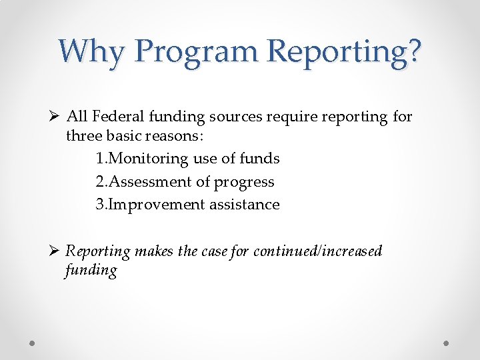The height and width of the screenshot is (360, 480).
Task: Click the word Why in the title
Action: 91,51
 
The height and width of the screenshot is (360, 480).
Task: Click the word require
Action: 286,117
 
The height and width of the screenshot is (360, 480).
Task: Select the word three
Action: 83,137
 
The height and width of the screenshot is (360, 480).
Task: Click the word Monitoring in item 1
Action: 150,159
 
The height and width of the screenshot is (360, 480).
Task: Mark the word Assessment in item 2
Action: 149,181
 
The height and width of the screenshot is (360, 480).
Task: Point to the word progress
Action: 244,181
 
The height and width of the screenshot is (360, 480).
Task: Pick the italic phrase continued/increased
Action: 317,251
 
